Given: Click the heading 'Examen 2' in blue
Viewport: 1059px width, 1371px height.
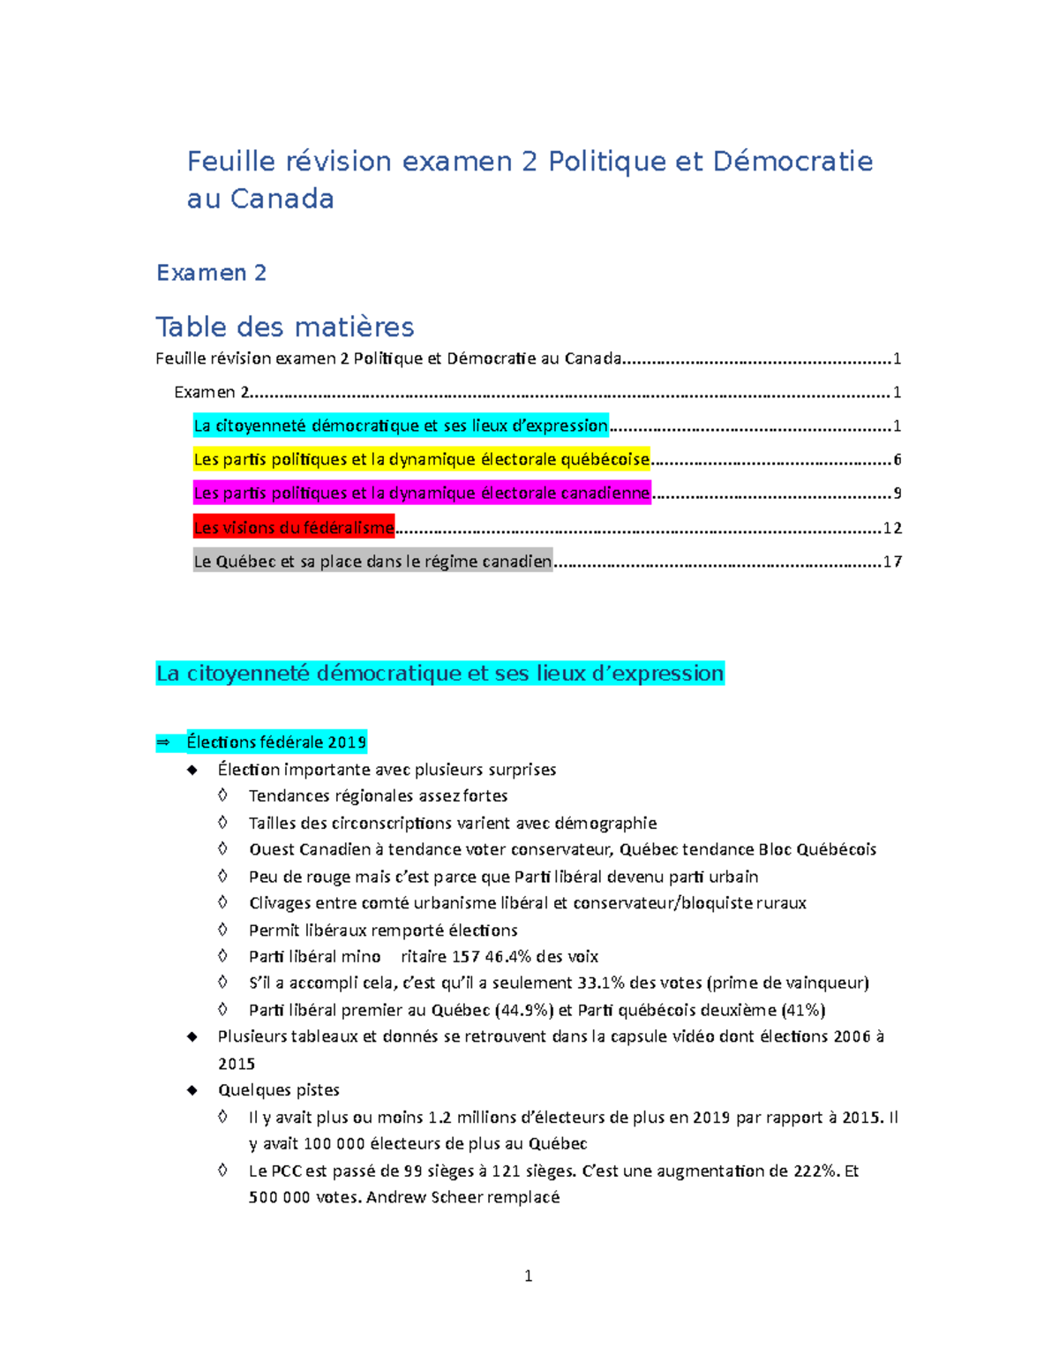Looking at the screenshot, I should tap(211, 273).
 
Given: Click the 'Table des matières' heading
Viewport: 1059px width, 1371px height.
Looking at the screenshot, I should tap(284, 327).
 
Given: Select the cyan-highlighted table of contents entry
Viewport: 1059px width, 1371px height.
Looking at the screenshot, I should tap(401, 426).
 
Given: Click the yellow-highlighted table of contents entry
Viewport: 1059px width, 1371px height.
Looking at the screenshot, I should tap(422, 459).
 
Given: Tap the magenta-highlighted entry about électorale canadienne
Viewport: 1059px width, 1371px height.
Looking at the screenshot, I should tap(422, 493).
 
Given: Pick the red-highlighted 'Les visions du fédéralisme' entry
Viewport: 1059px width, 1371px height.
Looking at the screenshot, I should tap(294, 528).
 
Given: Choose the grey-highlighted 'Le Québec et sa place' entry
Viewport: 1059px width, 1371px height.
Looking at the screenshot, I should tap(372, 561).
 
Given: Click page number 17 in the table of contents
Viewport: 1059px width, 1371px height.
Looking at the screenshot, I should tap(892, 561).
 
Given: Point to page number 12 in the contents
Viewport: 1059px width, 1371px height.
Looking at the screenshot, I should tap(892, 528).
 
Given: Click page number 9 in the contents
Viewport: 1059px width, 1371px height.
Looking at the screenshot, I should tap(897, 493).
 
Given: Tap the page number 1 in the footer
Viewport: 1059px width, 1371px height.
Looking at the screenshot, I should tap(529, 1276).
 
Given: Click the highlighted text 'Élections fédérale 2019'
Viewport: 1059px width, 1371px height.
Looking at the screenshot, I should tap(276, 742).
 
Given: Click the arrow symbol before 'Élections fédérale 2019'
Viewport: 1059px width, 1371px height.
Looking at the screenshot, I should tap(162, 742).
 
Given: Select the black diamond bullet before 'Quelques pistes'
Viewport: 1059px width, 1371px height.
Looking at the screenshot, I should tap(192, 1090).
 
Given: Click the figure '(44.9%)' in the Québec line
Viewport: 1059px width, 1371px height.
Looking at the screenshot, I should tap(524, 1010).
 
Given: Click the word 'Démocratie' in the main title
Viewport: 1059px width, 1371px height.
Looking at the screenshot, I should tap(792, 162).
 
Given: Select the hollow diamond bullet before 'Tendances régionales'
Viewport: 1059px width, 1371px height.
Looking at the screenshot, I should tap(223, 795).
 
